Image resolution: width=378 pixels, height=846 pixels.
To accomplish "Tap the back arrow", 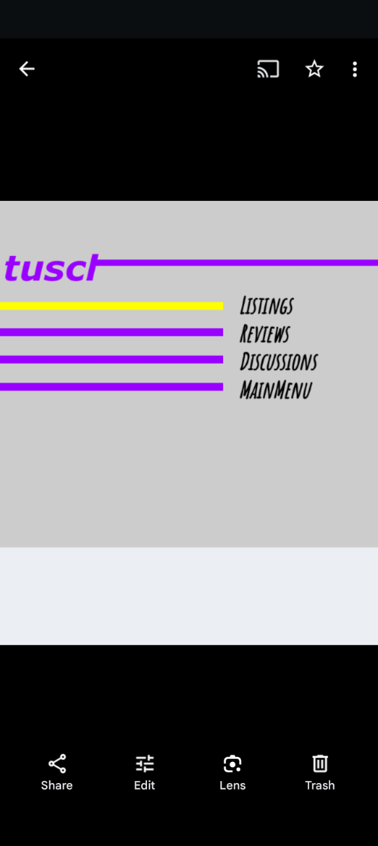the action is [x=27, y=69].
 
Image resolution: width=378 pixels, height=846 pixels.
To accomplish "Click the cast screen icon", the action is [x=268, y=69].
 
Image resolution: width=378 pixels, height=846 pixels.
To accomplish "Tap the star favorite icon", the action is [x=314, y=69].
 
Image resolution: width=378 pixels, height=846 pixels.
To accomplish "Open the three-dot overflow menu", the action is [x=354, y=70].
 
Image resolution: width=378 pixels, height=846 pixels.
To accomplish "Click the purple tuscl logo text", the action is [x=51, y=268].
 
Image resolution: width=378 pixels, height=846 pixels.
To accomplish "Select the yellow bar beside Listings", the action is [x=112, y=306].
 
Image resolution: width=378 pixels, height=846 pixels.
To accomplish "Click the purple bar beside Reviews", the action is [x=112, y=332].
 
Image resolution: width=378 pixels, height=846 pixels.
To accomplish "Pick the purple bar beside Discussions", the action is [x=112, y=360].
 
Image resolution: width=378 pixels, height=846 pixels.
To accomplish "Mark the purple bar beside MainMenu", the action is [x=112, y=387].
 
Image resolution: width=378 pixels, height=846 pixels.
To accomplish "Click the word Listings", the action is [x=266, y=306].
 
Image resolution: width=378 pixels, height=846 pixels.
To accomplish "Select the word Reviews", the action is [x=264, y=333].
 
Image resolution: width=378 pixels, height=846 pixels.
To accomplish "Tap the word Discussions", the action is [x=279, y=362].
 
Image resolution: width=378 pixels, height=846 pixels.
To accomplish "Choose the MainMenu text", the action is [x=276, y=389].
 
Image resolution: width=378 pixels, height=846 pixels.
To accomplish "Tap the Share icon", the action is [x=57, y=764].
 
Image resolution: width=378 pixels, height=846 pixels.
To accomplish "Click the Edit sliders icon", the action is [x=144, y=763].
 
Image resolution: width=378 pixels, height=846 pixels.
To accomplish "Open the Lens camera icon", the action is [x=232, y=764].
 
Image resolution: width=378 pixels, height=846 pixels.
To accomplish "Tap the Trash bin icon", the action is [x=320, y=763].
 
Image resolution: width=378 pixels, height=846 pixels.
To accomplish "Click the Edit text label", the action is [x=144, y=786].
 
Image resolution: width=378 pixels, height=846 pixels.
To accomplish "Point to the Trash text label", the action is [x=320, y=786].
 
